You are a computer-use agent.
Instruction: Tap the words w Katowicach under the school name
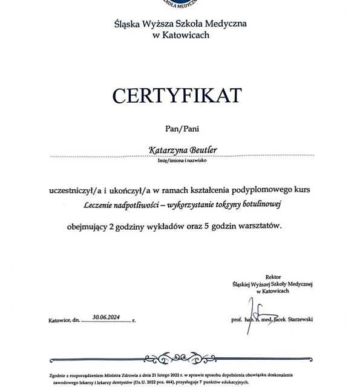[180, 36]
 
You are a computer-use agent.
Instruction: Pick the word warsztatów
[261, 227]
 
